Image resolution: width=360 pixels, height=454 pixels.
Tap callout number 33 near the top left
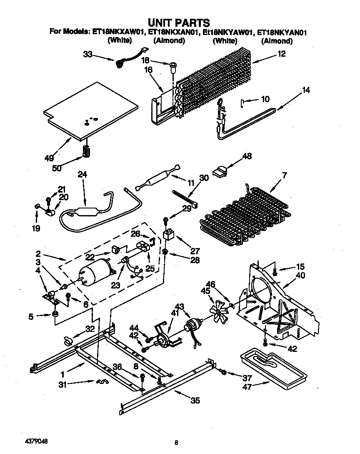point(87,54)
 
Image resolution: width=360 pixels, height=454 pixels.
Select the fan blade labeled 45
point(218,311)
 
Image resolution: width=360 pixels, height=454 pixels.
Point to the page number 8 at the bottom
point(177,443)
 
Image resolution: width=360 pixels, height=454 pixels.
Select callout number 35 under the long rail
point(195,401)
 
